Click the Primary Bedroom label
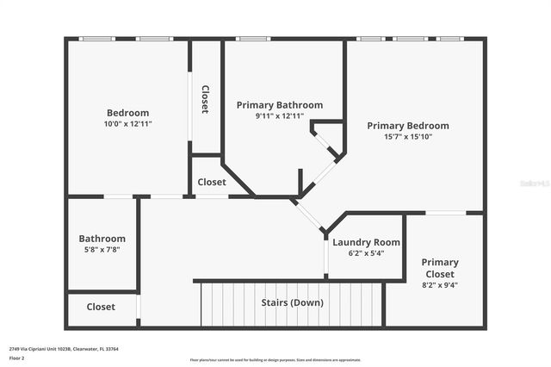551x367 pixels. click(x=407, y=126)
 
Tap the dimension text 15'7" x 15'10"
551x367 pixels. click(x=407, y=137)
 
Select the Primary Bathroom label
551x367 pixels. click(x=280, y=105)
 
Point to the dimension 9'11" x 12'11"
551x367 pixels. click(x=280, y=116)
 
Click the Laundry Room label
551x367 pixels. click(x=366, y=243)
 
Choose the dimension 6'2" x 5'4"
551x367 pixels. click(x=366, y=253)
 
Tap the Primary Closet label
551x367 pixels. click(x=439, y=268)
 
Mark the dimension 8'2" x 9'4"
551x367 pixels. click(x=439, y=284)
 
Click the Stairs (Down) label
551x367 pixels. click(x=292, y=303)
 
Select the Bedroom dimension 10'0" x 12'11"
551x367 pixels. click(x=127, y=124)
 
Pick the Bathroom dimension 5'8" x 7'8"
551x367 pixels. click(x=102, y=250)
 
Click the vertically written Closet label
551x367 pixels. click(x=205, y=100)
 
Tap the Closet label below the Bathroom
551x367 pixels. click(x=101, y=307)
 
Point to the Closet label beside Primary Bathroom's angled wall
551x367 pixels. click(x=212, y=183)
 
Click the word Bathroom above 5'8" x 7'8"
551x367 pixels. click(x=102, y=239)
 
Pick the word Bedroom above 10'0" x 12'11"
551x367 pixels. click(x=127, y=113)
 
